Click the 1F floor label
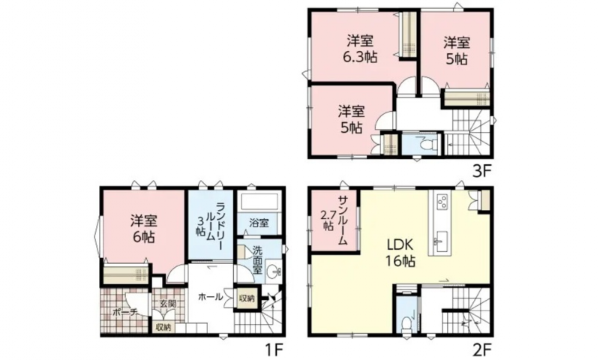pyautogui.click(x=274, y=349)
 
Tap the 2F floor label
pyautogui.click(x=481, y=349)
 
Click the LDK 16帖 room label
pyautogui.click(x=400, y=253)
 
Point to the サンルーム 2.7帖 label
pyautogui.click(x=334, y=220)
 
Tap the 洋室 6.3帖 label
pyautogui.click(x=360, y=48)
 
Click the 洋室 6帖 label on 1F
pyautogui.click(x=143, y=229)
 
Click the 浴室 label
pyautogui.click(x=259, y=223)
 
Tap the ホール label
pyautogui.click(x=211, y=296)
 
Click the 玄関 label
pyautogui.click(x=167, y=304)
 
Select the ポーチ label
pyautogui.click(x=124, y=312)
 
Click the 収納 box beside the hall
pyautogui.click(x=247, y=297)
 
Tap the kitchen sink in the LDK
pyautogui.click(x=441, y=243)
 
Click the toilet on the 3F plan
pyautogui.click(x=429, y=145)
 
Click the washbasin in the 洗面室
pyautogui.click(x=273, y=272)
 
